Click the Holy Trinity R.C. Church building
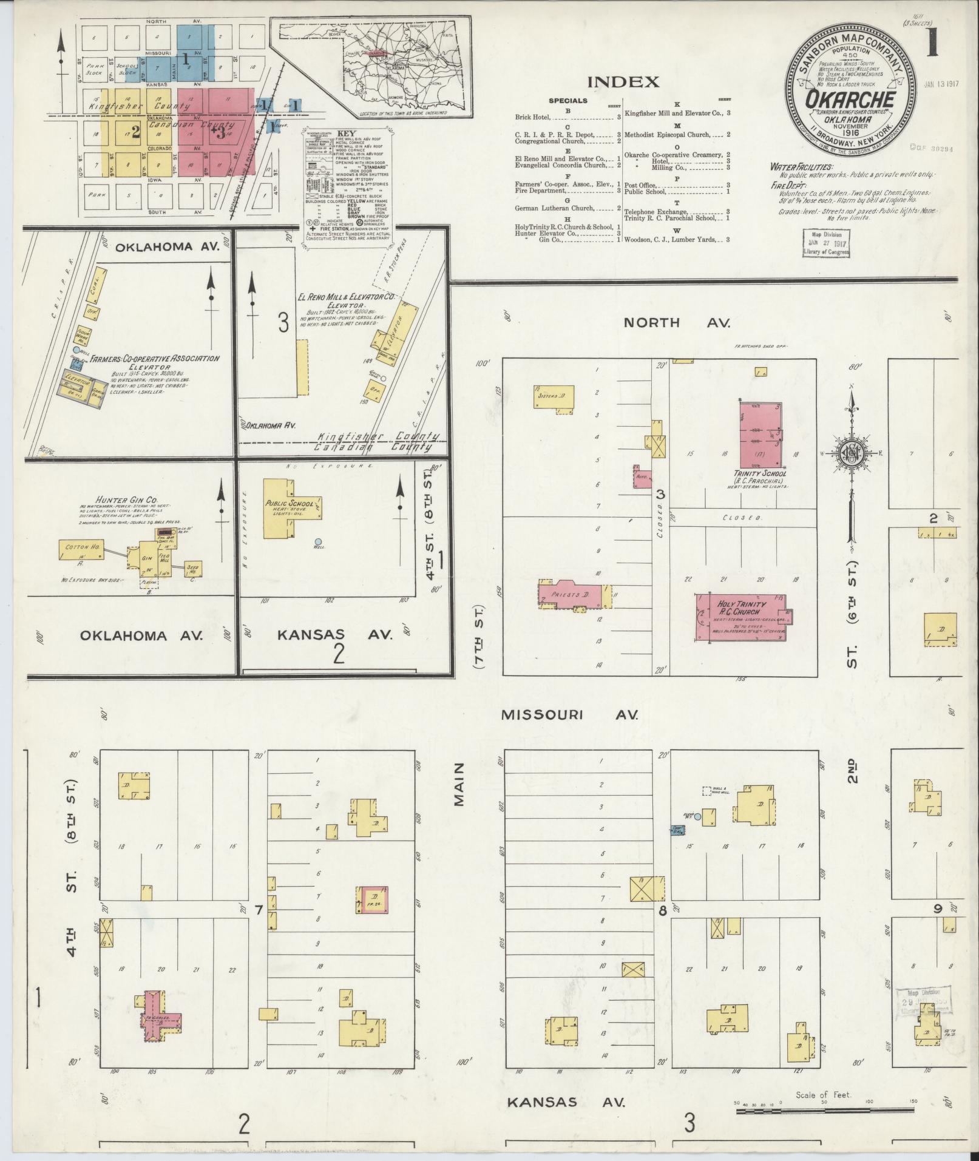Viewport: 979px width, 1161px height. tap(742, 617)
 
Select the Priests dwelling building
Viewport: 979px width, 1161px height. tap(574, 595)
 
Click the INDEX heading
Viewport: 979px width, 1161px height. tap(623, 82)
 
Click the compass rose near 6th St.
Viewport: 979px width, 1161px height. tap(852, 452)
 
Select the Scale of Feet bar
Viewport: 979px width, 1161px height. tap(824, 1111)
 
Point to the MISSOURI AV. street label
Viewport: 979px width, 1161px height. tap(569, 715)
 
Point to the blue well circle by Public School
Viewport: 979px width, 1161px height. tap(317, 541)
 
